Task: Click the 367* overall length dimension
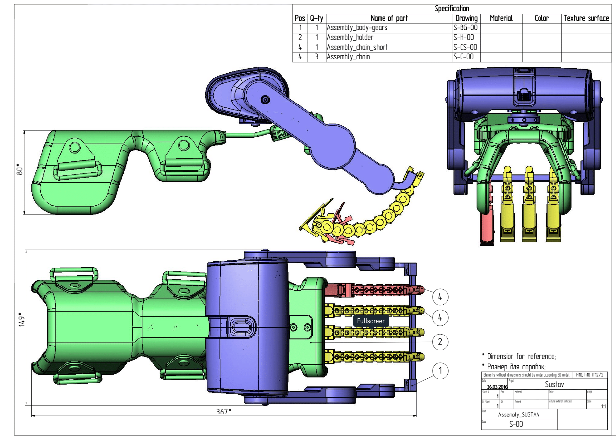point(224,412)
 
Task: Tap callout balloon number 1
point(440,371)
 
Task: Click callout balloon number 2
point(440,341)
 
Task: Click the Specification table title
point(452,9)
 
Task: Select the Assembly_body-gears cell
point(357,28)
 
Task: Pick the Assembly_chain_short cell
point(357,48)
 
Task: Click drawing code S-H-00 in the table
point(463,38)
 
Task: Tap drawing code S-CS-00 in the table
point(465,48)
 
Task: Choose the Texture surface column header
point(586,18)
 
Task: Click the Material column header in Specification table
point(501,18)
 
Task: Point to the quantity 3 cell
point(317,57)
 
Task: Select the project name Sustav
point(554,385)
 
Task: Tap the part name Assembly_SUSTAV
point(518,415)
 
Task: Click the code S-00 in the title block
point(516,425)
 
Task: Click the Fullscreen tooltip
point(371,321)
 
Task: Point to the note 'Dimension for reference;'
point(521,357)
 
